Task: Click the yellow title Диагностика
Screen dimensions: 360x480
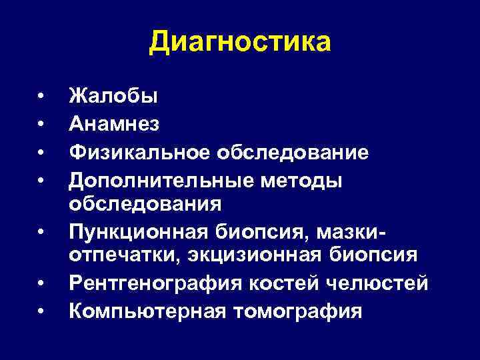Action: tap(239, 42)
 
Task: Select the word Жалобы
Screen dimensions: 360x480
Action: tap(113, 96)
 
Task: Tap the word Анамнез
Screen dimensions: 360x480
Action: tap(114, 124)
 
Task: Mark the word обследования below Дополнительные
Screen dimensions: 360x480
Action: tap(145, 203)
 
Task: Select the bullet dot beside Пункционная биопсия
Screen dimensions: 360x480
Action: tap(41, 232)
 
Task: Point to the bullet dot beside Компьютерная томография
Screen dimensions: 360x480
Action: tap(41, 311)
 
